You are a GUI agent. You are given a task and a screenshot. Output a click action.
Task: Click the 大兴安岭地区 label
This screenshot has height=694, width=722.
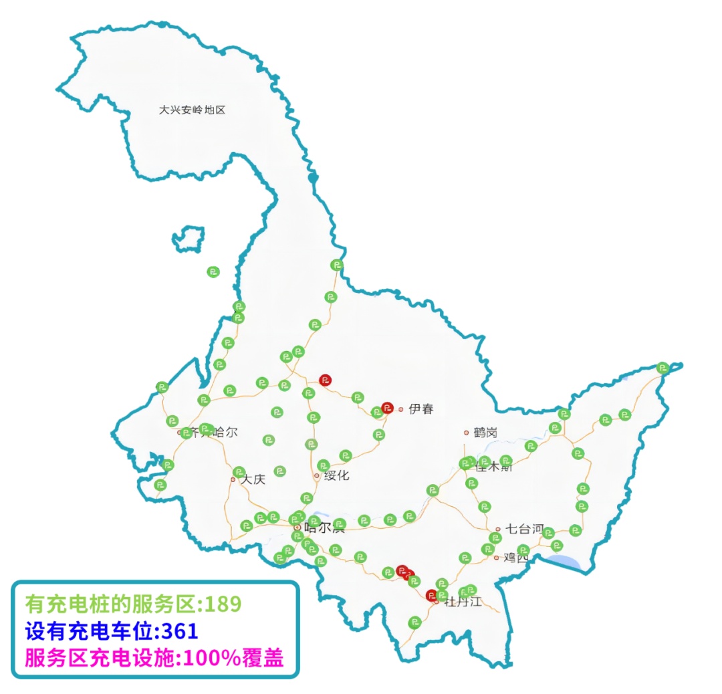pyautogui.click(x=192, y=110)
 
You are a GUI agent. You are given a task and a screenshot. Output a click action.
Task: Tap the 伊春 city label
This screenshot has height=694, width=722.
pyautogui.click(x=420, y=409)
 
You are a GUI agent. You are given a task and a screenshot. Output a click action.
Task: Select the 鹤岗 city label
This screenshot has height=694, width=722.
pyautogui.click(x=485, y=433)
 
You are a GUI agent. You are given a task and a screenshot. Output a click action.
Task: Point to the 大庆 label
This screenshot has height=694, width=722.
pyautogui.click(x=253, y=479)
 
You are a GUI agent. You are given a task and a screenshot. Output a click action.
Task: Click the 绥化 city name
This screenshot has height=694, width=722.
pyautogui.click(x=336, y=476)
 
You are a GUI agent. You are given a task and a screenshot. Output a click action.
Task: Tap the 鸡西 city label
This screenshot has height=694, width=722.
pyautogui.click(x=515, y=557)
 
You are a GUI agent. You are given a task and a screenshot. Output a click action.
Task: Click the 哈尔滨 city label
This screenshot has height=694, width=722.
pyautogui.click(x=324, y=528)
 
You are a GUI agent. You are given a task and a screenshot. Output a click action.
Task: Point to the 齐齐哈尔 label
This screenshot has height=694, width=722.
pyautogui.click(x=213, y=433)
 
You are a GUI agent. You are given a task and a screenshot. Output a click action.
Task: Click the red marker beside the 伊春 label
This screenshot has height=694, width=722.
pyautogui.click(x=387, y=407)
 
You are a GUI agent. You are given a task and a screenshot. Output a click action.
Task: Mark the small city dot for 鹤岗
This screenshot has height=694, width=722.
pyautogui.click(x=467, y=433)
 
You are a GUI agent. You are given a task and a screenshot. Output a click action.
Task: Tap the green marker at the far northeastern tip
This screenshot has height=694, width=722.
pyautogui.click(x=663, y=367)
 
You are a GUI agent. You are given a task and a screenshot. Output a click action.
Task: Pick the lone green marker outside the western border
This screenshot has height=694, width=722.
pyautogui.click(x=213, y=271)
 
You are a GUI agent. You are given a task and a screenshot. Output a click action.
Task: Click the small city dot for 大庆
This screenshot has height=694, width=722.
pyautogui.click(x=233, y=479)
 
